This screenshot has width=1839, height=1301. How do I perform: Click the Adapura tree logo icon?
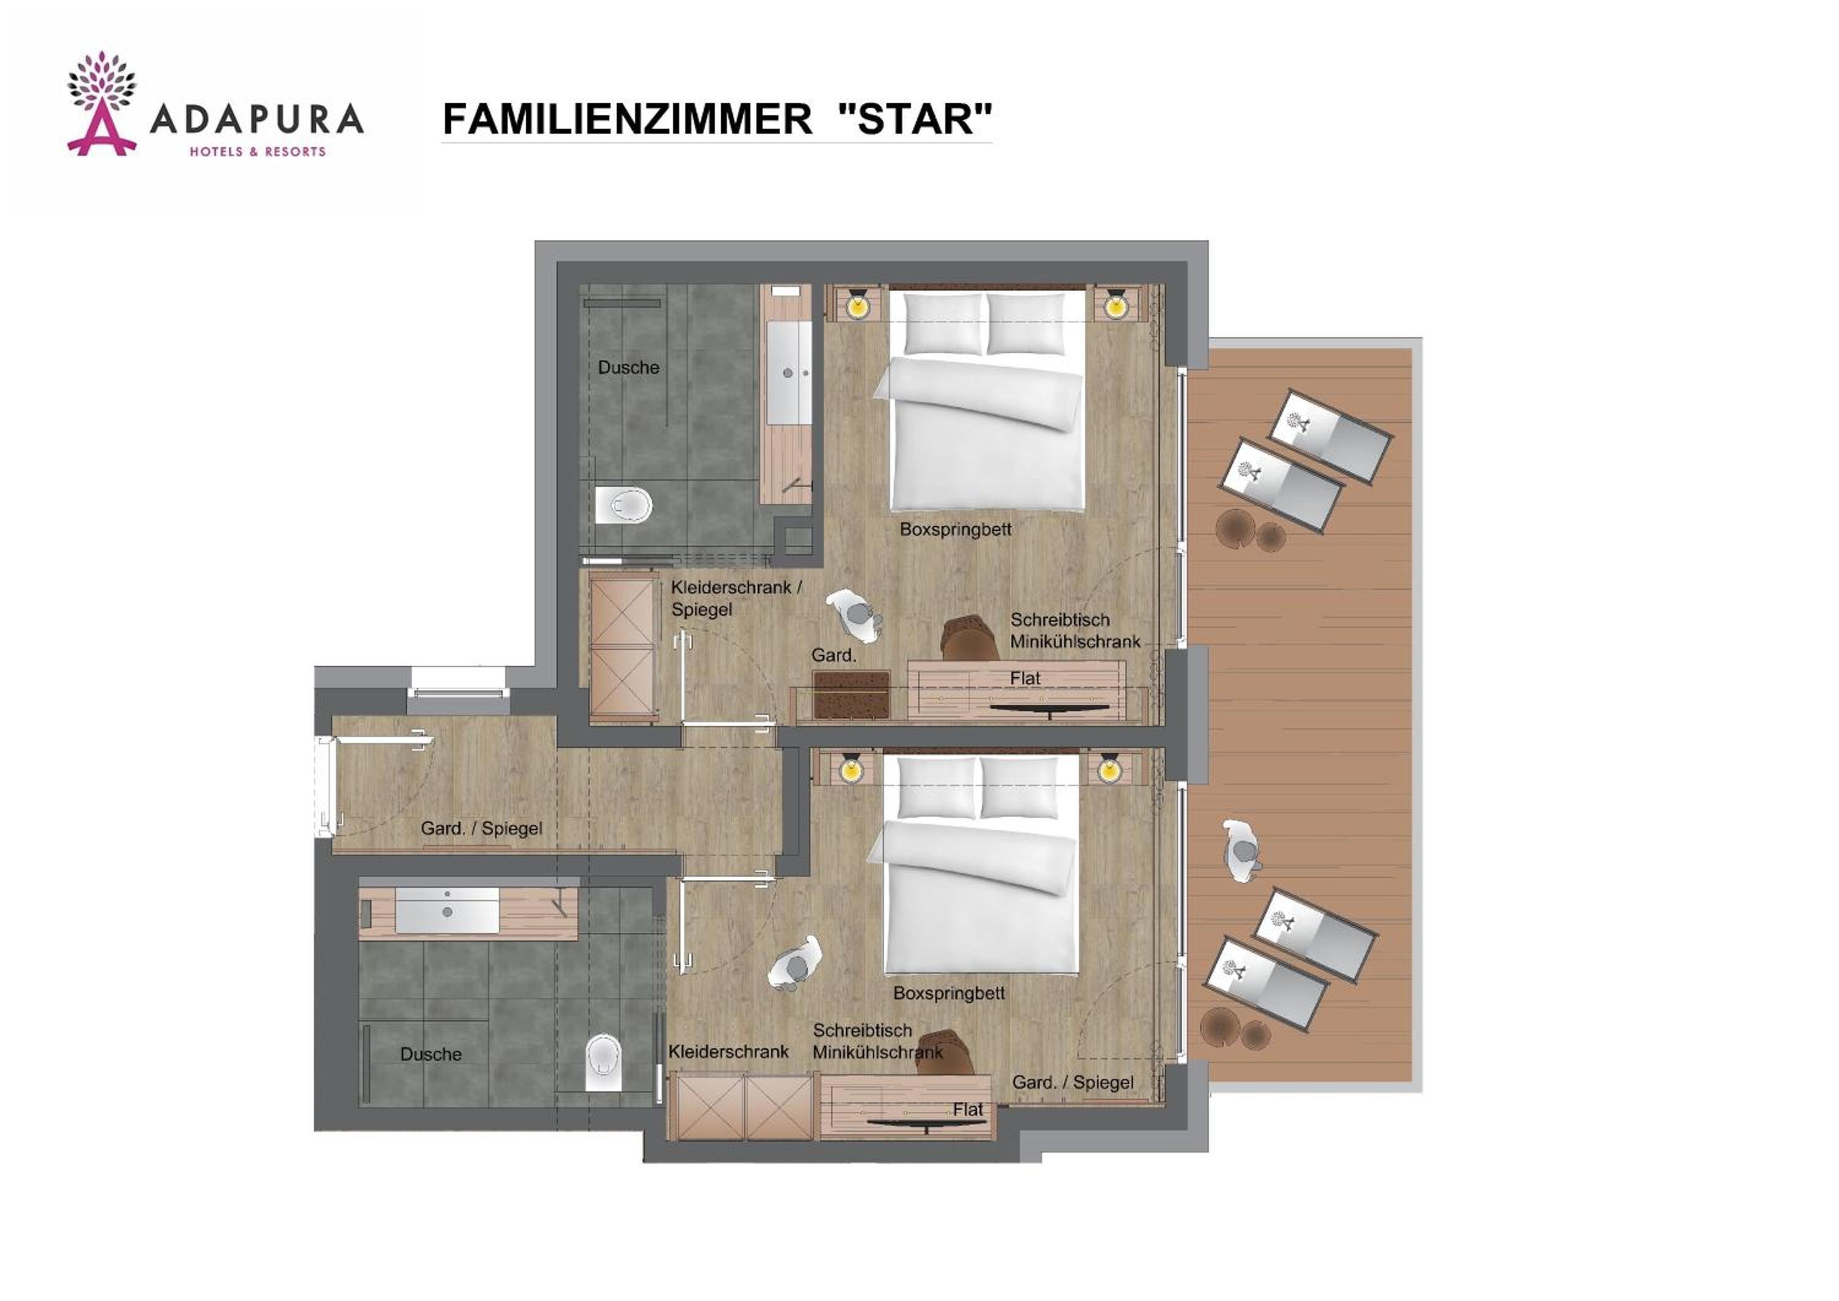point(102,102)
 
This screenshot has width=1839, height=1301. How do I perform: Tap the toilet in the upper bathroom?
point(625,505)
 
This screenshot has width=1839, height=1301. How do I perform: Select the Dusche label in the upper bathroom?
point(629,368)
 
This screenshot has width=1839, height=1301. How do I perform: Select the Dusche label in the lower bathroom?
point(431,1055)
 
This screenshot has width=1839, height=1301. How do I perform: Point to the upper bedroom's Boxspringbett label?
point(956,530)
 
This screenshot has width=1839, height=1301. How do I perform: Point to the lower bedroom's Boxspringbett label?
point(949,993)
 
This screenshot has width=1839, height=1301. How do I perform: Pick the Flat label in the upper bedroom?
point(1025,679)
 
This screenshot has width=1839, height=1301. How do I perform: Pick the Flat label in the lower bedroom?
point(967,1110)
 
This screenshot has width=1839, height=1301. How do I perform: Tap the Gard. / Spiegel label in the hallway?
point(481,828)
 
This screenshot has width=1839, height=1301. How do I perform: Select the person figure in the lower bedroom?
point(795,964)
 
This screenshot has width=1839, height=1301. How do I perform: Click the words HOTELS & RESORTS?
point(257,151)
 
